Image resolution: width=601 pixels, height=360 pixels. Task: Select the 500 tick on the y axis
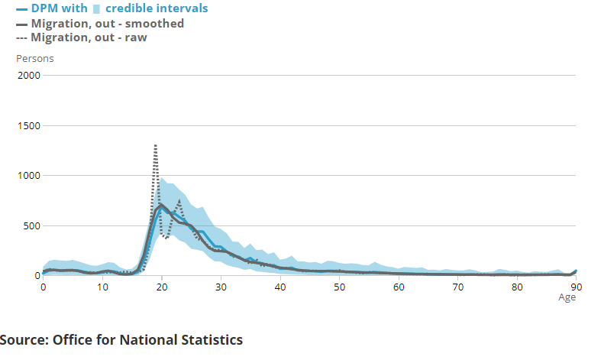point(31,225)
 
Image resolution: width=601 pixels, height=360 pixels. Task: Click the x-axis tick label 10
point(102,287)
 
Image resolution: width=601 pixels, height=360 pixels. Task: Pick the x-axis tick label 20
point(161,287)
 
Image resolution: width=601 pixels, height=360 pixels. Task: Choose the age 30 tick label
point(221,287)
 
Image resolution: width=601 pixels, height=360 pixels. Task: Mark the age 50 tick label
point(339,287)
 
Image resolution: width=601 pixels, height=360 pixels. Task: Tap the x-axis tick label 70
point(457,287)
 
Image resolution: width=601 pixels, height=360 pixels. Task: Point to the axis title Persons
point(35,58)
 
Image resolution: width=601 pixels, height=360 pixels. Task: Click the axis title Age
point(567,298)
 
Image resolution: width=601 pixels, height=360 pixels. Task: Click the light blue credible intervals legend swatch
point(97,9)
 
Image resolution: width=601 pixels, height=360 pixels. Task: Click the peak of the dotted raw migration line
point(156,145)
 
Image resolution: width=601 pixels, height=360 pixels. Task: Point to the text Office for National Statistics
point(147,339)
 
